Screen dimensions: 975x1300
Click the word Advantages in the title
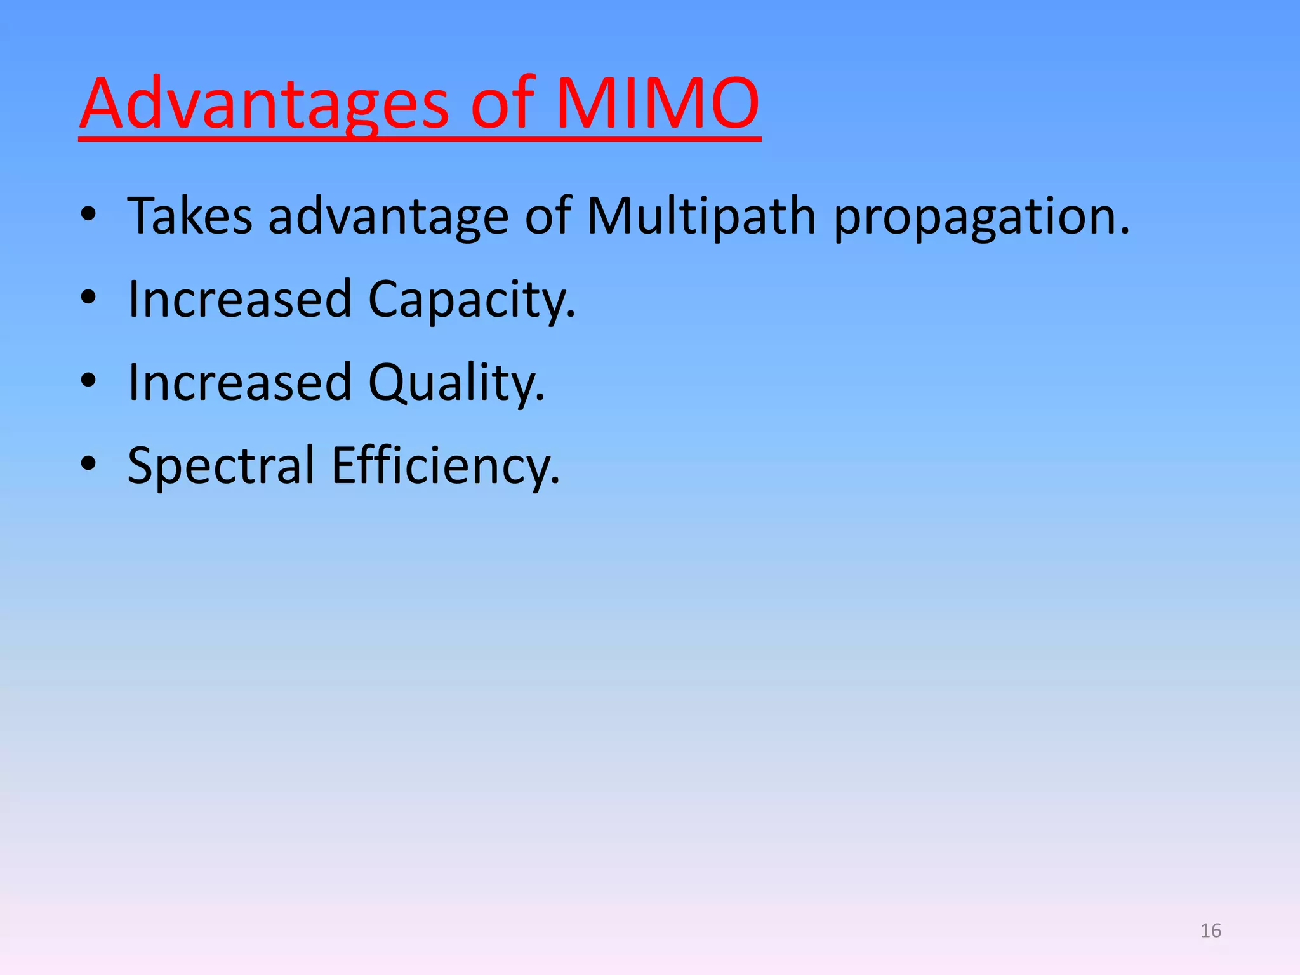tap(264, 103)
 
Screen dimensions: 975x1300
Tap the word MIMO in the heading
tap(657, 103)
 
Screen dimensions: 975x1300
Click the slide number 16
tap(1210, 931)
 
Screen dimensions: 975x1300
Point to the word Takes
tap(190, 216)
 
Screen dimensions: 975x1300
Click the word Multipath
tap(701, 216)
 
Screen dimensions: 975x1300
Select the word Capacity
tap(471, 300)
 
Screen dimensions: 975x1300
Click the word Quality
tap(456, 383)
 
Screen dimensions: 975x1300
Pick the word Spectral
tap(221, 466)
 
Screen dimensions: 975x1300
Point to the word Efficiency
tap(445, 466)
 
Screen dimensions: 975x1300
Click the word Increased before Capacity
tap(240, 299)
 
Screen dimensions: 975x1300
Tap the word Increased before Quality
tap(240, 382)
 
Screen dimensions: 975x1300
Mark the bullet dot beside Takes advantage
tap(88, 215)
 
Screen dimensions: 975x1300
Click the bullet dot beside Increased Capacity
tap(88, 298)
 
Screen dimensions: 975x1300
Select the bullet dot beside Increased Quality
tap(88, 381)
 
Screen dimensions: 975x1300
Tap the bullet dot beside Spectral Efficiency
tap(88, 464)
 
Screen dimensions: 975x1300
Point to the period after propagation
tap(1125, 232)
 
